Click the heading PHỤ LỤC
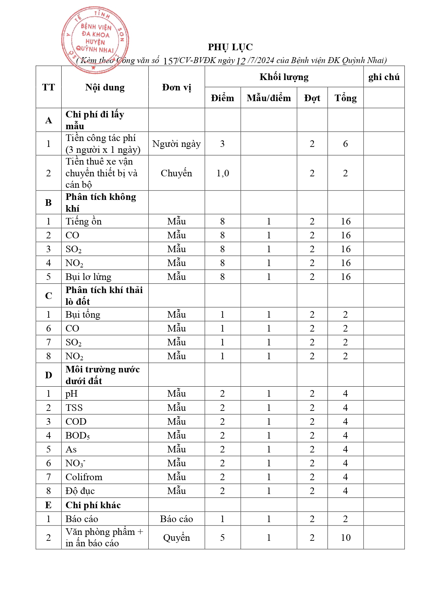tap(230, 47)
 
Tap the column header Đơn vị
tap(176, 87)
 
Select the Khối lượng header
tap(284, 77)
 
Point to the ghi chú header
tap(384, 77)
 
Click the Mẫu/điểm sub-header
tap(269, 98)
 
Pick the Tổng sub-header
tap(345, 98)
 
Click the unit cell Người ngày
tap(176, 144)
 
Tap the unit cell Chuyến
tap(176, 173)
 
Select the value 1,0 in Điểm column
tap(222, 173)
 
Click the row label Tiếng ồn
tap(84, 221)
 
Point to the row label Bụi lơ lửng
tap(88, 277)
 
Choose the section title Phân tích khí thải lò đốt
tap(104, 296)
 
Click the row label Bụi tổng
tap(83, 315)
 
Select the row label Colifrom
tap(84, 477)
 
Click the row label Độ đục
tap(80, 491)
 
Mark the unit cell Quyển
tap(176, 538)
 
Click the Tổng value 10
tap(345, 538)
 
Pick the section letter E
tap(49, 505)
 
